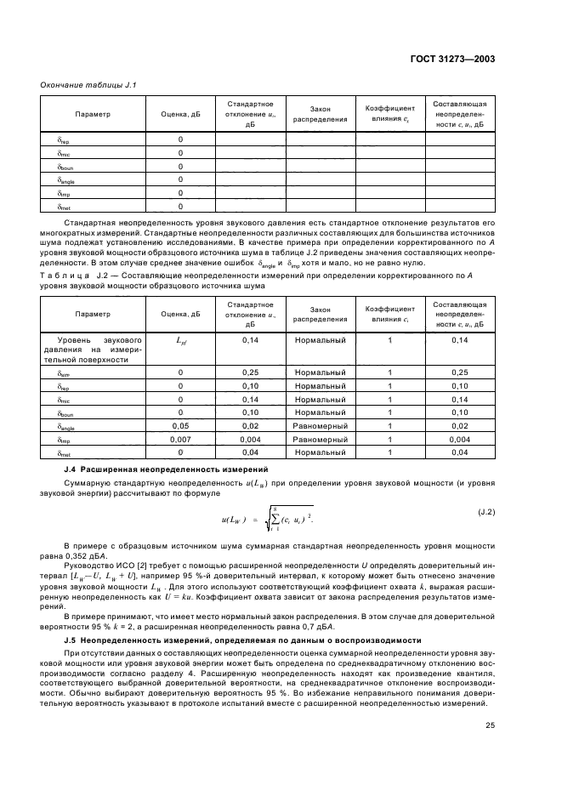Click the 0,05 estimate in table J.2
pos(180,425)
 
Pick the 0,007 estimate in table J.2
pos(180,440)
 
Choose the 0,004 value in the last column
pos(459,440)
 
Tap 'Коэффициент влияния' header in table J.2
pos(389,314)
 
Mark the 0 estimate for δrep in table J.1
pos(180,139)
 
